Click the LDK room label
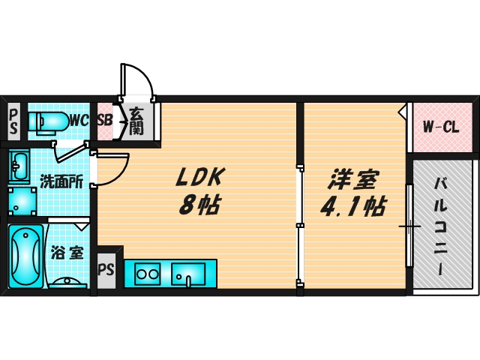click(x=201, y=178)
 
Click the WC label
click(x=79, y=120)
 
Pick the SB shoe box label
click(x=104, y=120)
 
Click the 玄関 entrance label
click(x=136, y=120)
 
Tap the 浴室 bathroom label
click(x=66, y=253)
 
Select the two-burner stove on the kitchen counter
click(x=147, y=274)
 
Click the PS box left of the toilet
click(x=13, y=120)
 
